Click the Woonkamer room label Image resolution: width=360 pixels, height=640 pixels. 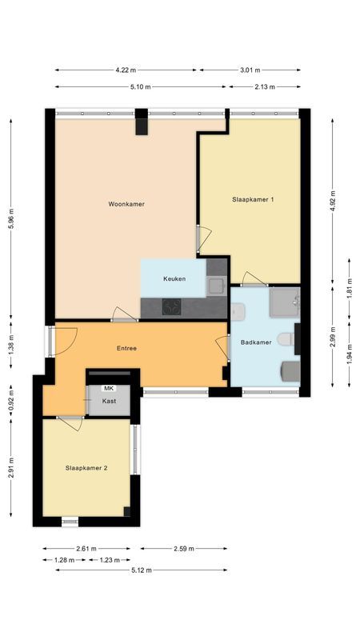[x=126, y=204]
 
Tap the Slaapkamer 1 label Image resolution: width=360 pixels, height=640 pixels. [x=254, y=199]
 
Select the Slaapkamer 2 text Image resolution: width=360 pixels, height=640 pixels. [x=86, y=467]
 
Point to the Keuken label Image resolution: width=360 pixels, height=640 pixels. [x=174, y=278]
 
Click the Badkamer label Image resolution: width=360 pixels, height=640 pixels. [x=256, y=342]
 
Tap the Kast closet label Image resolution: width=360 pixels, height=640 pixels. [x=109, y=402]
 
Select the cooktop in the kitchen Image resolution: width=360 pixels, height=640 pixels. [x=171, y=306]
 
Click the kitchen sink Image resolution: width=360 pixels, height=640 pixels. [x=216, y=284]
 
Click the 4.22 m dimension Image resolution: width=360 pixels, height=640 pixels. [x=127, y=70]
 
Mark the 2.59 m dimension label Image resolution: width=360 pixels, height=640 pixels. [x=185, y=549]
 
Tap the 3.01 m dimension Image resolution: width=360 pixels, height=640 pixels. [x=250, y=70]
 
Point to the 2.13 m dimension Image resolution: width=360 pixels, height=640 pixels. [x=265, y=86]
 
